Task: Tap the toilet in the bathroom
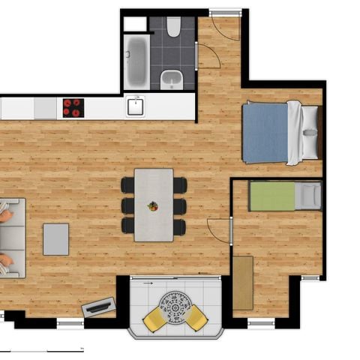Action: (173, 28)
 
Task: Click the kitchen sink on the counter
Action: (135, 106)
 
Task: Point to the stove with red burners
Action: (73, 107)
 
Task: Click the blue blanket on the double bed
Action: (265, 133)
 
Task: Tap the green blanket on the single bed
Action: (272, 196)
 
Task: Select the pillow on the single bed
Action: (307, 196)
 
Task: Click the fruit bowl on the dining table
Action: (153, 205)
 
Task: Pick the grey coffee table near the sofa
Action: (55, 239)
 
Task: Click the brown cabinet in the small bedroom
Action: (242, 283)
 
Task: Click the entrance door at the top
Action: (224, 25)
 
